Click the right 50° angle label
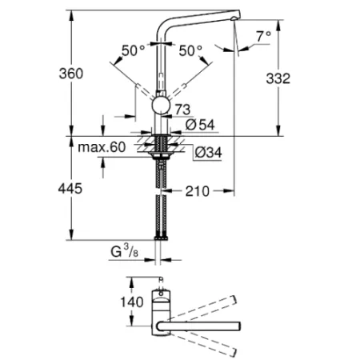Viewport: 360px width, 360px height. point(190,50)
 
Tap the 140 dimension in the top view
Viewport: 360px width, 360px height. point(132,302)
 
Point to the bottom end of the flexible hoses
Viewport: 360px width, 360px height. point(163,237)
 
